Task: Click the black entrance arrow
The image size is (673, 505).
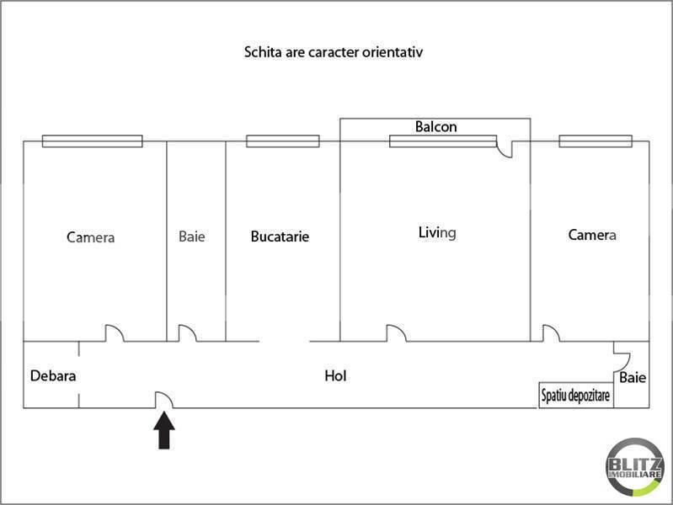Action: click(164, 430)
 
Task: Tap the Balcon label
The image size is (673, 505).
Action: click(435, 126)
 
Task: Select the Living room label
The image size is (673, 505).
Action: click(437, 233)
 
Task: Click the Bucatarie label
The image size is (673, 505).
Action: click(280, 237)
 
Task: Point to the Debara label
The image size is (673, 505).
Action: click(53, 376)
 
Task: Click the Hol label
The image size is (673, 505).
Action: click(335, 376)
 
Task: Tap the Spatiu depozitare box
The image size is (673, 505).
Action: click(576, 395)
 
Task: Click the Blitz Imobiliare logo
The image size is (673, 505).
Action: click(634, 467)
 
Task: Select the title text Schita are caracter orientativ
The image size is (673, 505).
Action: click(333, 52)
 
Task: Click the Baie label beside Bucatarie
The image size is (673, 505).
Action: click(192, 237)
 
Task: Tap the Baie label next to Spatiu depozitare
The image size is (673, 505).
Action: click(633, 378)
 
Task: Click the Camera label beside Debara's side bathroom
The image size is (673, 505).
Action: click(91, 237)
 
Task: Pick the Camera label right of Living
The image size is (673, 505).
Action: click(592, 235)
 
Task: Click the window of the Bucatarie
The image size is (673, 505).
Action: click(283, 141)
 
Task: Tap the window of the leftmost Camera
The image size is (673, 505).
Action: click(93, 141)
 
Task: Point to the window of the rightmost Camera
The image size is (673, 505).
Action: click(596, 141)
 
